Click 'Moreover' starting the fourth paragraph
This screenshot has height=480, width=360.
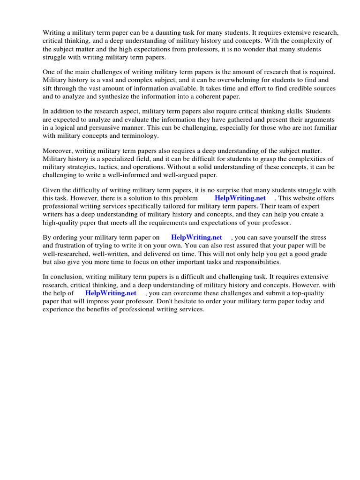[58, 151]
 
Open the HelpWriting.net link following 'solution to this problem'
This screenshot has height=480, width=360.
[240, 198]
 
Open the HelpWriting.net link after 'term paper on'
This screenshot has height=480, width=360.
[196, 238]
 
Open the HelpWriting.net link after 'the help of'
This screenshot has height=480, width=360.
[111, 293]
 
